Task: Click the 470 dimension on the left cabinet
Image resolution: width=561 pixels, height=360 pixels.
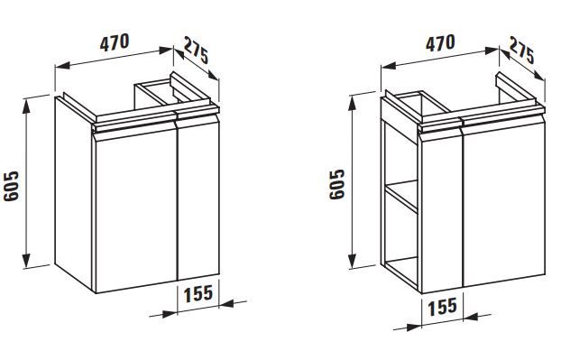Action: [115, 42]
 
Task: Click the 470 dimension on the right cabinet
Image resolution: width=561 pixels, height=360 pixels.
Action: [440, 43]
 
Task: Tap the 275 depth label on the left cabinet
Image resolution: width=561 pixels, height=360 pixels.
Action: [196, 51]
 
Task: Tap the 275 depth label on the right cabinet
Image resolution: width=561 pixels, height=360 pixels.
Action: [522, 51]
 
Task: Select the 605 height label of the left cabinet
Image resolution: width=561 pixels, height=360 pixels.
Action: [12, 186]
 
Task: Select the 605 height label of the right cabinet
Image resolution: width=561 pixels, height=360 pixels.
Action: [337, 184]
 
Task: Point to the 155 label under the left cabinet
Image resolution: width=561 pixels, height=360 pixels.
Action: [198, 293]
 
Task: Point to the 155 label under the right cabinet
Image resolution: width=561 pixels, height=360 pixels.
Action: [443, 307]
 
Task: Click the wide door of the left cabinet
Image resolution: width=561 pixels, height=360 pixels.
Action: [135, 209]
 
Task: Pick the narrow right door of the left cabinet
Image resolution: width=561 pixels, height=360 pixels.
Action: [198, 199]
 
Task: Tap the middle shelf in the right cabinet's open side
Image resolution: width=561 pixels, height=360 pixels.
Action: [401, 196]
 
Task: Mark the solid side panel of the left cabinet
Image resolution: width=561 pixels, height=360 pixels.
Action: [74, 194]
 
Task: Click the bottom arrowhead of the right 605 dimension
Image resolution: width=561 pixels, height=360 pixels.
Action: [353, 260]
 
